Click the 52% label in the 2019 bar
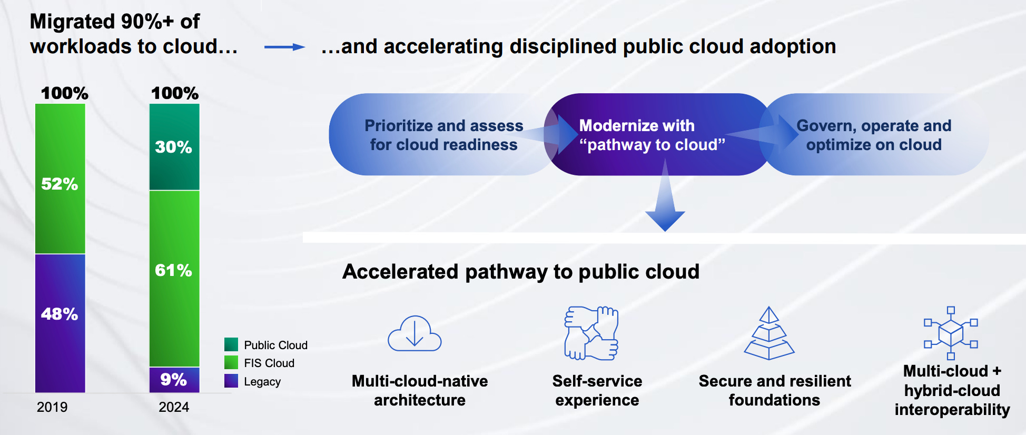point(60,184)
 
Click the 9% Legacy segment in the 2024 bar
point(174,379)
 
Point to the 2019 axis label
point(52,407)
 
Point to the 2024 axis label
point(174,407)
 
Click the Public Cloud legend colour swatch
point(231,344)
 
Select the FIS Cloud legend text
point(269,363)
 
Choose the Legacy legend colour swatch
point(231,381)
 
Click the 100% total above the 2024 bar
point(175,93)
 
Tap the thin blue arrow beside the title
point(284,47)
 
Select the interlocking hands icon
point(591,333)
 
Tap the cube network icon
point(951,333)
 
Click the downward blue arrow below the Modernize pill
point(665,205)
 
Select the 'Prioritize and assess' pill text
point(443,135)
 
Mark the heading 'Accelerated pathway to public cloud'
point(520,272)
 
